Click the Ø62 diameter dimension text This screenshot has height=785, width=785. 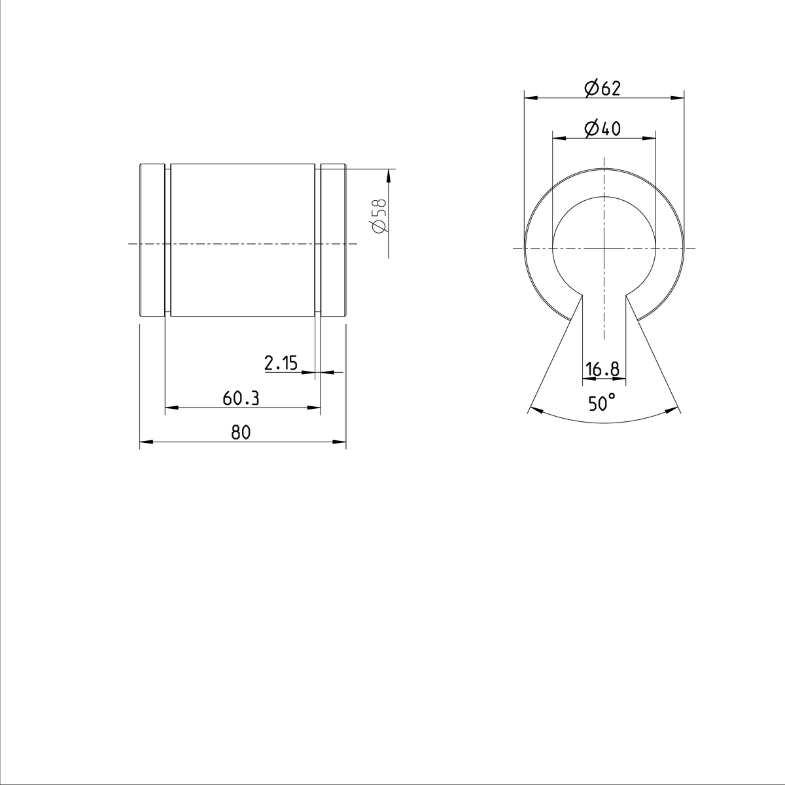click(x=602, y=88)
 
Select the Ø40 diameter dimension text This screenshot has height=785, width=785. click(x=602, y=129)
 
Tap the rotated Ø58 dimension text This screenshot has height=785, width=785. click(x=379, y=216)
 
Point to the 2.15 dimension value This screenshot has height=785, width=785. click(x=281, y=364)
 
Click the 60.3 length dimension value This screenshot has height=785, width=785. click(x=241, y=398)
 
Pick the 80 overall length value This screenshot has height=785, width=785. click(x=241, y=432)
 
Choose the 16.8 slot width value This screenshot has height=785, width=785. click(x=602, y=370)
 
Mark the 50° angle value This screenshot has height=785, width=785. click(x=602, y=403)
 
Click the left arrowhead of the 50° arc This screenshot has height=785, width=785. click(x=532, y=410)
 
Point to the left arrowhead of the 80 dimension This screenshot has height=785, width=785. click(x=145, y=443)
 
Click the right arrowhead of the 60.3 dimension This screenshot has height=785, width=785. click(x=316, y=408)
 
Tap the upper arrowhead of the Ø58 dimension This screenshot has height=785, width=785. click(x=389, y=175)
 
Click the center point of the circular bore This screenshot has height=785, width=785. click(x=604, y=248)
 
